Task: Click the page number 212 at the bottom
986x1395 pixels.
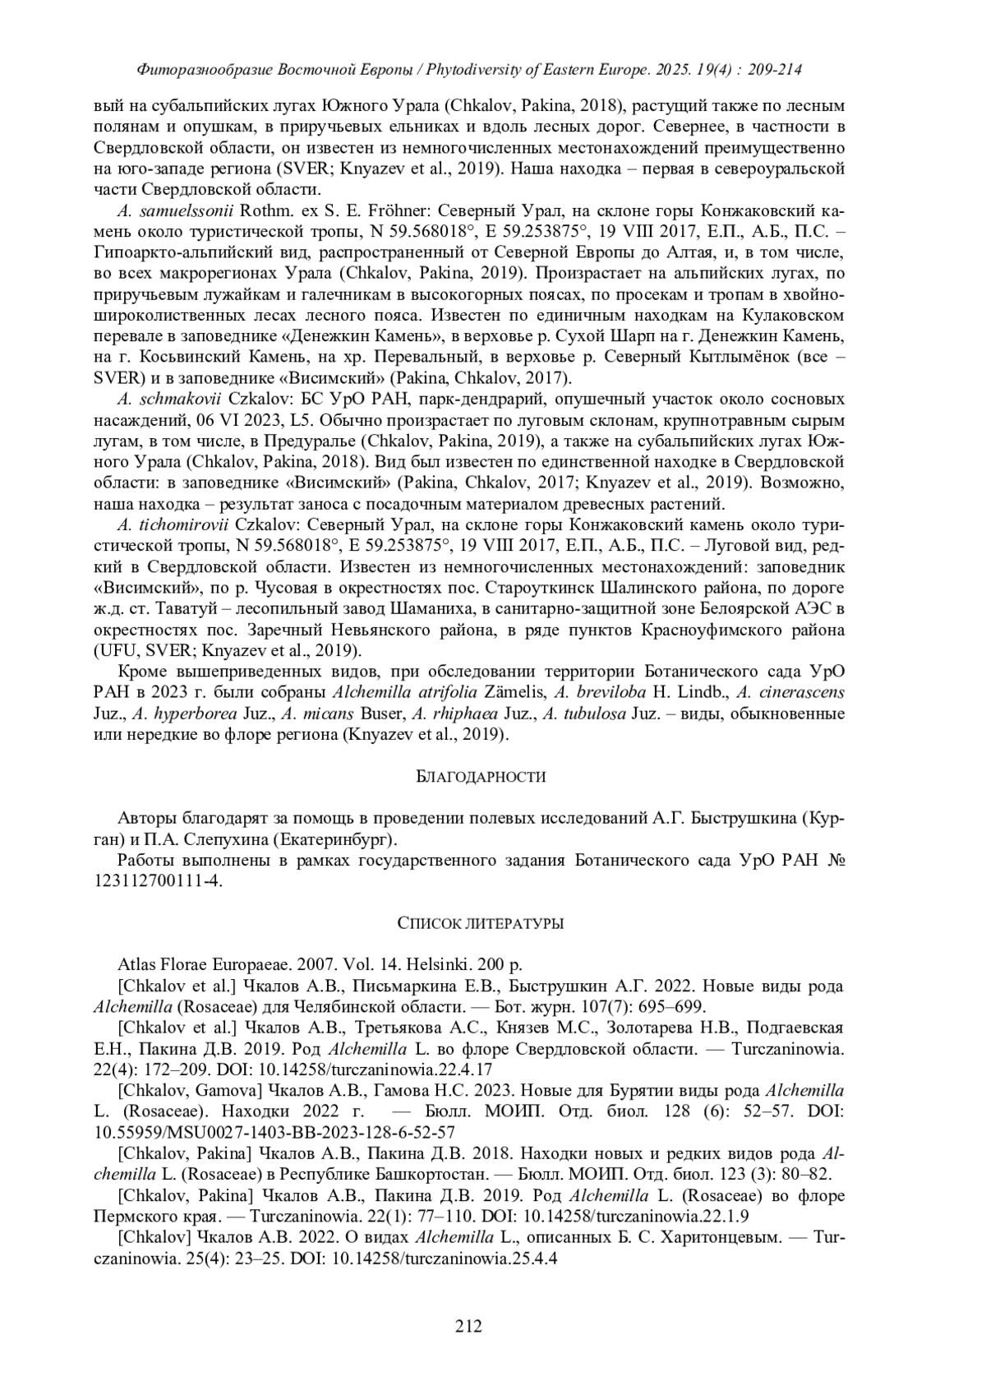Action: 468,1325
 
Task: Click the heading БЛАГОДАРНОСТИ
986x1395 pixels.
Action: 480,776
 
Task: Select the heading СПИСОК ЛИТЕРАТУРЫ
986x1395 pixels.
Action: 480,923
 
